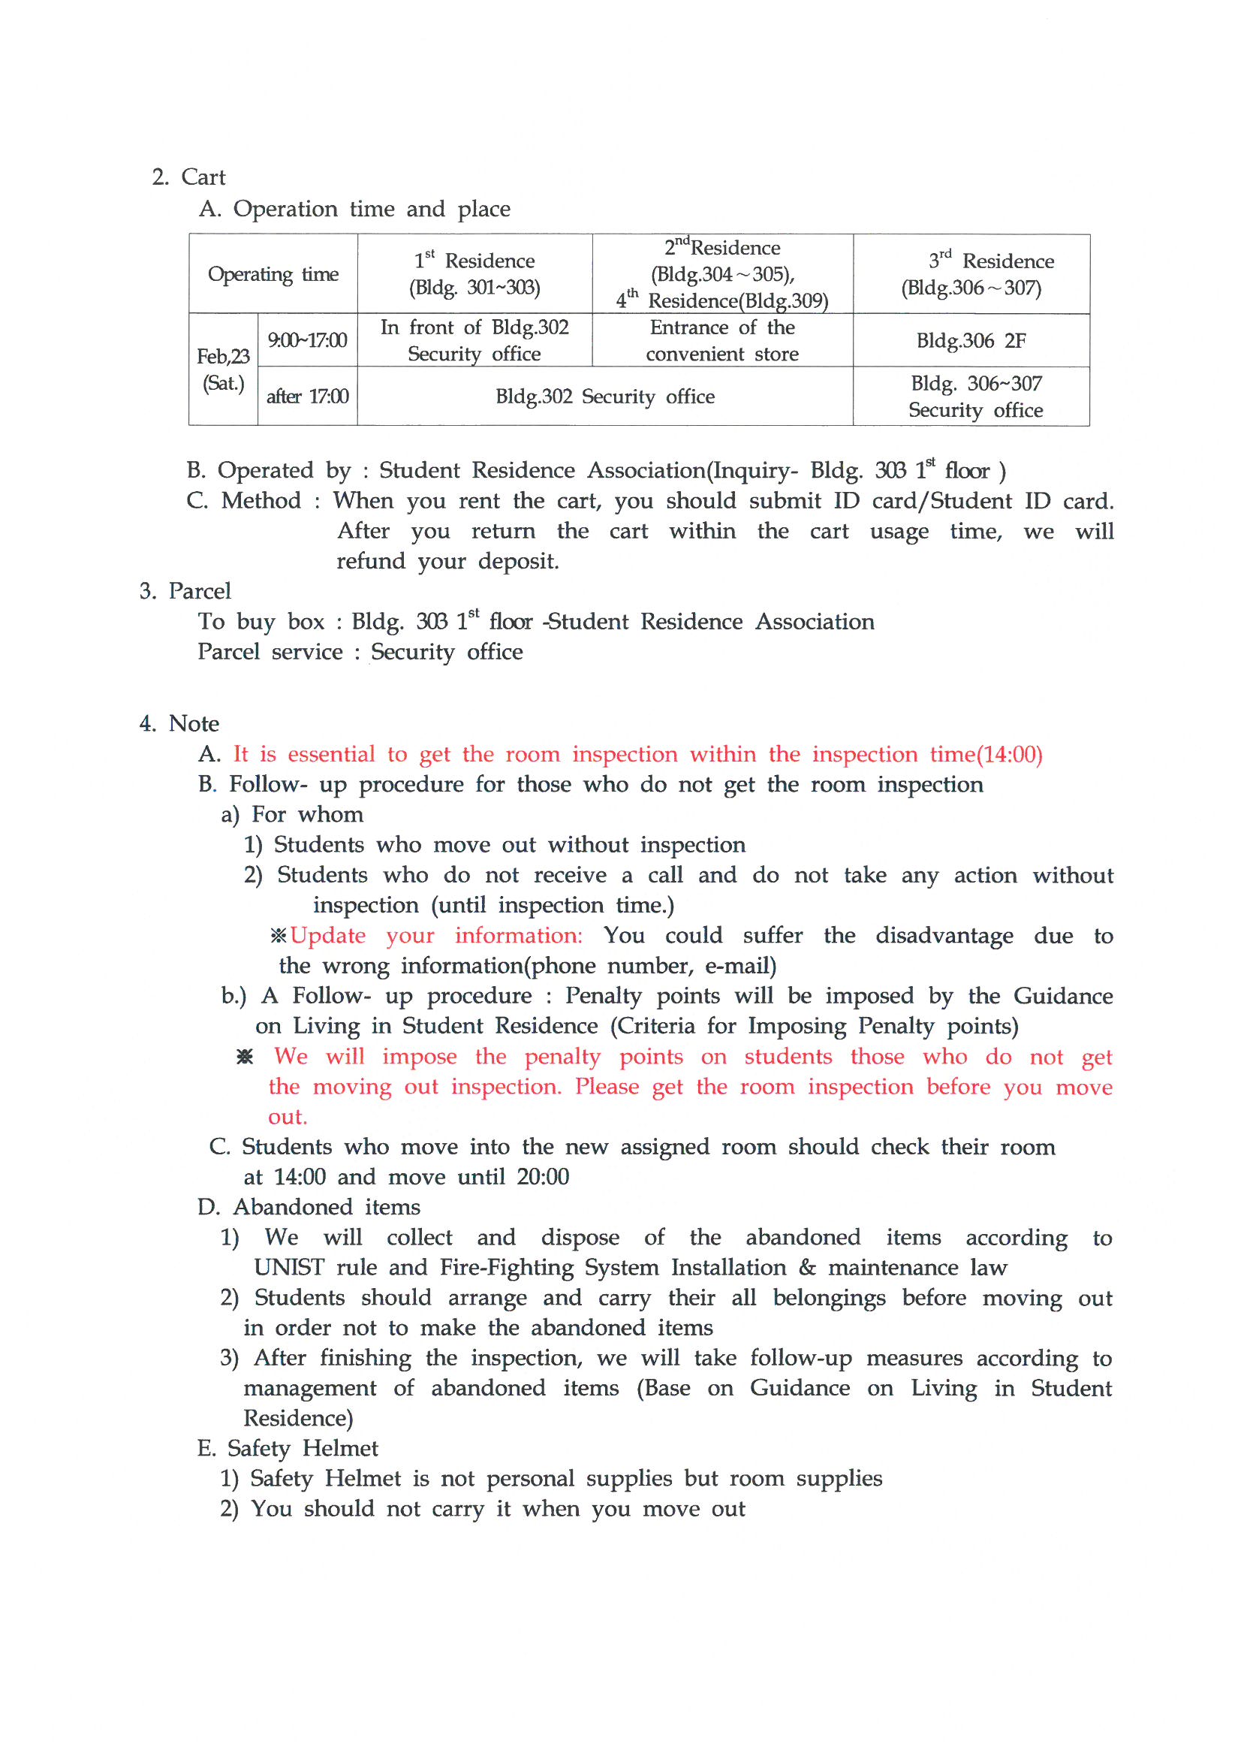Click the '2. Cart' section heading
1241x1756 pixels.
click(189, 177)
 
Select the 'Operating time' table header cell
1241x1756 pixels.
click(273, 274)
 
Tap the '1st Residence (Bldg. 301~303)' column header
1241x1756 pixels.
click(474, 274)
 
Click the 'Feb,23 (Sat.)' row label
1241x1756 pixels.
click(222, 370)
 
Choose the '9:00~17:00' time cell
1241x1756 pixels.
click(307, 340)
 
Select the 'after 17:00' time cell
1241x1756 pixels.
click(307, 396)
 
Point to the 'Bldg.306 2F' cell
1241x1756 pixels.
click(971, 340)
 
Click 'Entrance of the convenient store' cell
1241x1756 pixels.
click(721, 340)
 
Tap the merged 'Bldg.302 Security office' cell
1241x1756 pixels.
click(605, 396)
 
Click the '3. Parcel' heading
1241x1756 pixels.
click(185, 591)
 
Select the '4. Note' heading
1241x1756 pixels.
click(179, 723)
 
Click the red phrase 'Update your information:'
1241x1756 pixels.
click(436, 935)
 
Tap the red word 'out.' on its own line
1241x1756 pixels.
click(288, 1117)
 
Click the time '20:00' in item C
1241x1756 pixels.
click(542, 1176)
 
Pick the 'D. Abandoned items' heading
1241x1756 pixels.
click(309, 1207)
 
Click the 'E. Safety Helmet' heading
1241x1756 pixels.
click(288, 1448)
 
